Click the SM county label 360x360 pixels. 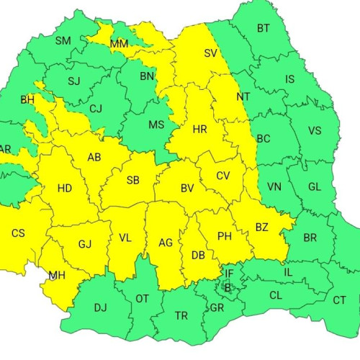coord(63,40)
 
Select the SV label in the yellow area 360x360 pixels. coord(210,53)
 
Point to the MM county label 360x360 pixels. coord(120,45)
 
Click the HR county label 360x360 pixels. coord(200,130)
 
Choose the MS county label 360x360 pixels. coord(156,125)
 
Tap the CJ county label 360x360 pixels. coord(96,109)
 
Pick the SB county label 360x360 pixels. coord(132,179)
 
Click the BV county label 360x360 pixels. coord(187,189)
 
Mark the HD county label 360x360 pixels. coord(64,189)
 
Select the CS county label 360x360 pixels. coord(18,233)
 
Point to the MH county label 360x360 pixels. coord(57,275)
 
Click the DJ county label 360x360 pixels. coord(100,307)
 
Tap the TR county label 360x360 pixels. coord(181,315)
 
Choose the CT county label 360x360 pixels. coord(339,300)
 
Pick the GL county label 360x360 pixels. coord(314,187)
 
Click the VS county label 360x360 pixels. coord(315,131)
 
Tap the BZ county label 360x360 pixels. coord(261,228)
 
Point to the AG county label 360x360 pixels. coord(166,243)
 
